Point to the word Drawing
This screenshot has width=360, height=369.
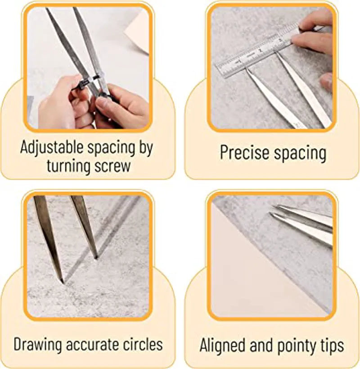(38, 345)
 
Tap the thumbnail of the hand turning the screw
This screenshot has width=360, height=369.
(88, 68)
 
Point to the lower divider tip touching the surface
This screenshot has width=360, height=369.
(62, 282)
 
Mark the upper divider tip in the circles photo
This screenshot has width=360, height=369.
(96, 257)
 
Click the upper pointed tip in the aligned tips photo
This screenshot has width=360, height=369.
(274, 207)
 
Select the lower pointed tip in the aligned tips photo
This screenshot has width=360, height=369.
(271, 214)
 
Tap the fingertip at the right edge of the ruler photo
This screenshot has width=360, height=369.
(327, 80)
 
